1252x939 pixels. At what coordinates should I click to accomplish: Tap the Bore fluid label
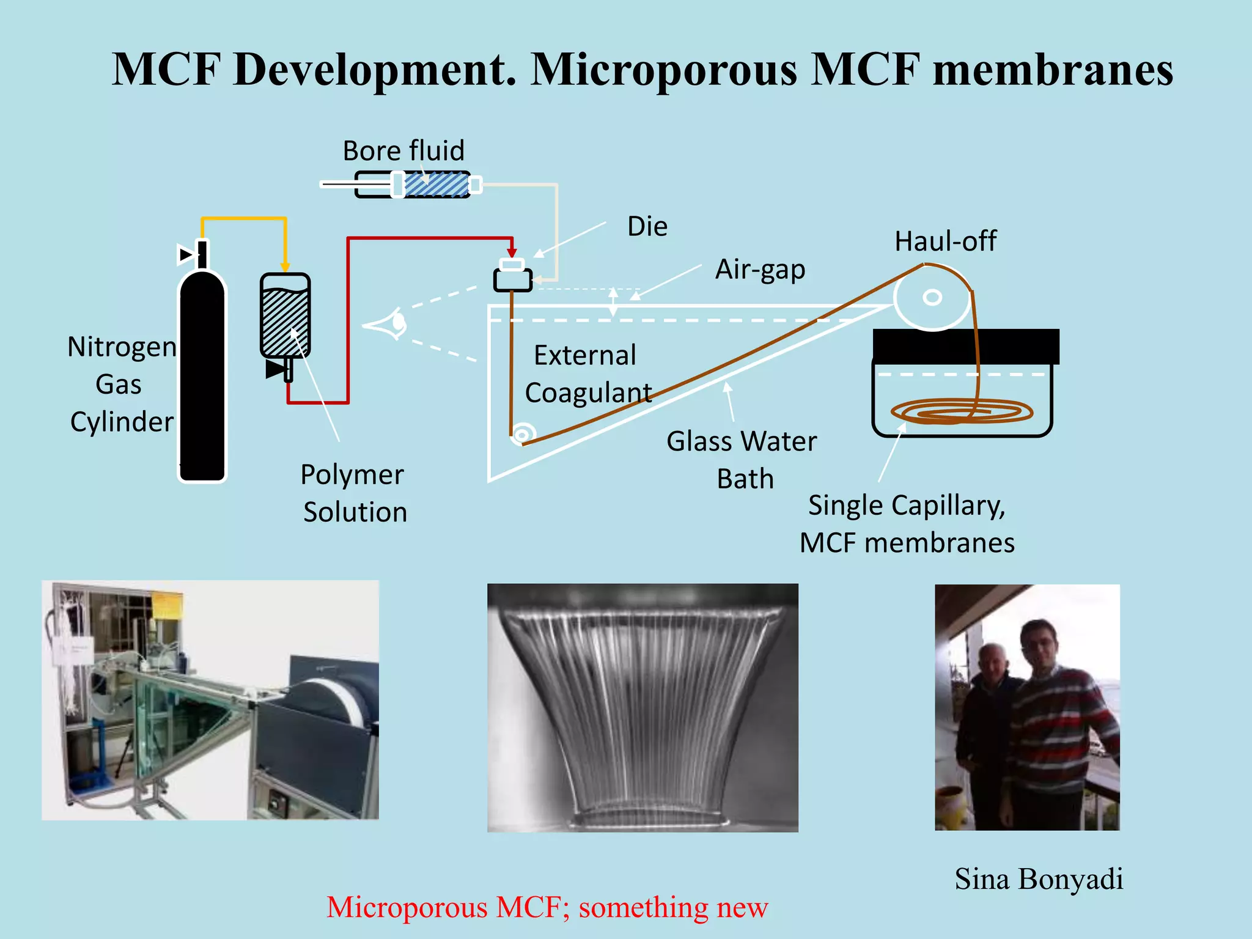403,150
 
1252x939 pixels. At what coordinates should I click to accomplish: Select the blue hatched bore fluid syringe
435,185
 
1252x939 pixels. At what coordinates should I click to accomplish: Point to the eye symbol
388,324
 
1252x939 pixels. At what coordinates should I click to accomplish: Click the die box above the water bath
512,280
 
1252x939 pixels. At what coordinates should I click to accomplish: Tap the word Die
647,227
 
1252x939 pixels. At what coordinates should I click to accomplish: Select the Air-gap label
760,270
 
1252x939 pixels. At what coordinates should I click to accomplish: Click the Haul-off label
945,241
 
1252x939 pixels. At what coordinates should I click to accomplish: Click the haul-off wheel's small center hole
932,298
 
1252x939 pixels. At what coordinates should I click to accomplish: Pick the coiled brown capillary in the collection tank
961,411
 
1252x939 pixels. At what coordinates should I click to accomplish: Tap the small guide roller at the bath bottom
521,435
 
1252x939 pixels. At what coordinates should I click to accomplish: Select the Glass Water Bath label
742,459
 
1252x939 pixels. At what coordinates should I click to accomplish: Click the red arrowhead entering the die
512,253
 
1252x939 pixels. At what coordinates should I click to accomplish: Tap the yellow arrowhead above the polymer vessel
285,267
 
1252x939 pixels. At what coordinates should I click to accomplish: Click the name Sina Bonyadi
1039,879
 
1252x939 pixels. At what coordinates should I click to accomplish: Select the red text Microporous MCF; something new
547,907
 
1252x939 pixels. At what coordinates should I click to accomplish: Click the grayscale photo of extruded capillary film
643,707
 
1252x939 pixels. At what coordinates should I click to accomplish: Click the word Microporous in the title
664,69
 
